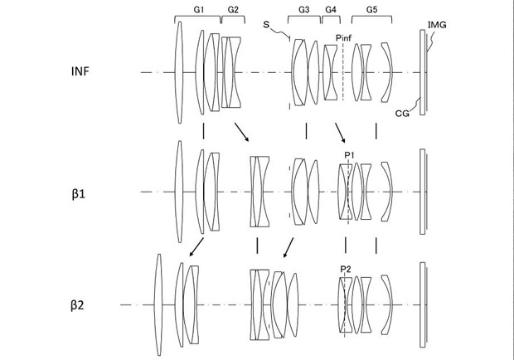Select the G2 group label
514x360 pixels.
point(232,8)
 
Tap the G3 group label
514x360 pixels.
point(303,8)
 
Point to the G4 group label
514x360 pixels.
point(331,8)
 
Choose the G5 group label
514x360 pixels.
point(371,8)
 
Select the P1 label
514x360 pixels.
point(348,154)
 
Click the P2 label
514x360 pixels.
point(346,268)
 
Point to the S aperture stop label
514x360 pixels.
point(266,26)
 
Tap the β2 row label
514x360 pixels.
point(80,304)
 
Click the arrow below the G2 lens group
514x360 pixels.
point(241,132)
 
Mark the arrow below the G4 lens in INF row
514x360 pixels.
point(340,133)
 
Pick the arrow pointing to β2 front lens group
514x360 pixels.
point(196,245)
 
